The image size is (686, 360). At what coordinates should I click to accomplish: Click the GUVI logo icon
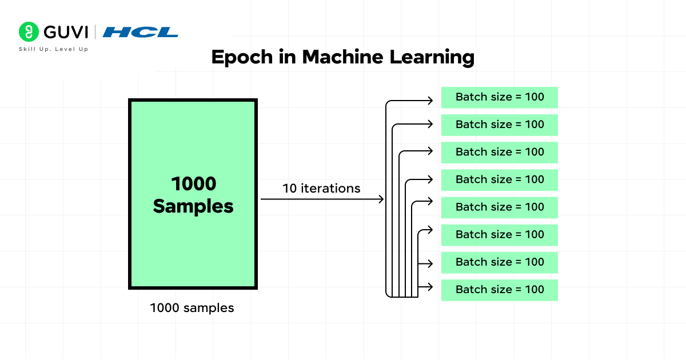click(28, 31)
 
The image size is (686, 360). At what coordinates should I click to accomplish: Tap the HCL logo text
click(140, 32)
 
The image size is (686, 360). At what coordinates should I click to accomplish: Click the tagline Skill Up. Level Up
click(54, 49)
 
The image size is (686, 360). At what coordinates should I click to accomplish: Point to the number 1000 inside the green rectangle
click(193, 184)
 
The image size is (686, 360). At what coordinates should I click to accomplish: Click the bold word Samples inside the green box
click(193, 206)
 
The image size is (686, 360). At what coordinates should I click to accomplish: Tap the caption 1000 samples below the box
click(192, 308)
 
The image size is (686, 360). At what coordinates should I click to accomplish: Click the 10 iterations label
click(321, 188)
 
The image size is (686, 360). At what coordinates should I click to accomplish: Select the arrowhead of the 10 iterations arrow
click(380, 199)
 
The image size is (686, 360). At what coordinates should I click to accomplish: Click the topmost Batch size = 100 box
click(499, 97)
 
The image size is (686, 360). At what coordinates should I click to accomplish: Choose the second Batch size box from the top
click(499, 125)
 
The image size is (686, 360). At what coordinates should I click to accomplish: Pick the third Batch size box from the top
click(499, 152)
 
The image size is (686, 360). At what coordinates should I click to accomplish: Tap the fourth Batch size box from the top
click(499, 179)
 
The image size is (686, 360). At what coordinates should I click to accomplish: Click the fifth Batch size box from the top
click(499, 207)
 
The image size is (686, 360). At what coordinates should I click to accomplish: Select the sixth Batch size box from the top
click(499, 234)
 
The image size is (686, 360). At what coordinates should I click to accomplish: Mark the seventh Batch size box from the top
click(499, 262)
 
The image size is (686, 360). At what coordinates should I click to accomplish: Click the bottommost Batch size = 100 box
click(499, 290)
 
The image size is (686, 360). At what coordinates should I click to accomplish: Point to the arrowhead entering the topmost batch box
click(430, 101)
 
